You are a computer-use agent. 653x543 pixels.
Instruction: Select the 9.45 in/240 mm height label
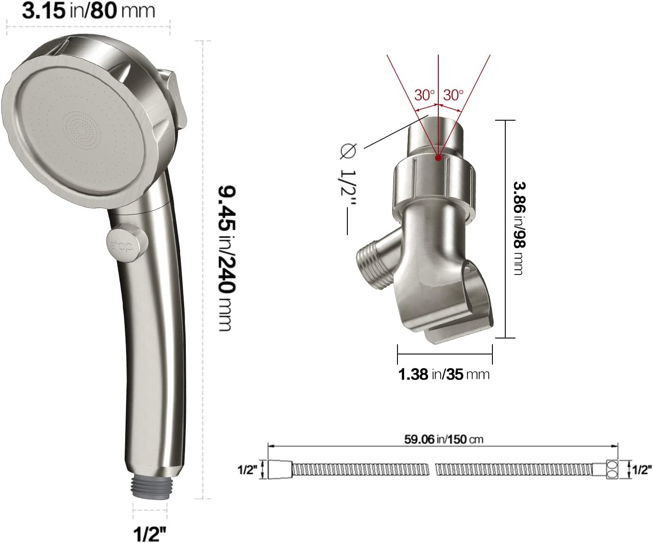tap(226, 258)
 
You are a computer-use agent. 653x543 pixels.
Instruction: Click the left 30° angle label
tap(425, 95)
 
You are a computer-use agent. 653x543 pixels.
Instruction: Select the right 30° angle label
tap(453, 95)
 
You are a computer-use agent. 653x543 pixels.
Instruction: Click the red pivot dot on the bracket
tap(438, 157)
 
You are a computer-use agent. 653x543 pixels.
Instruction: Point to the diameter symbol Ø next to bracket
tap(348, 152)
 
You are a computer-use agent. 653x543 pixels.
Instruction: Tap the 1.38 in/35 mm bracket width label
tap(444, 374)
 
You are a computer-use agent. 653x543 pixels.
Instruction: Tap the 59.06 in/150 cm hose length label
tap(444, 439)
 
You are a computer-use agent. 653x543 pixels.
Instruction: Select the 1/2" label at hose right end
tap(641, 470)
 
